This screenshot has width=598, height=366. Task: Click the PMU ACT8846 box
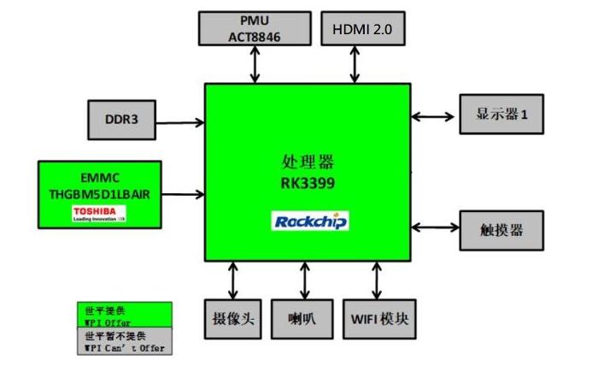pyautogui.click(x=255, y=28)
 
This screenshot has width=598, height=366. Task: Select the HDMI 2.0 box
pyautogui.click(x=362, y=28)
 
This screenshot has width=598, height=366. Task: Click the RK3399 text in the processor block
pyautogui.click(x=310, y=181)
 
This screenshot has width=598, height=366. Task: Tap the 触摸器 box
pyautogui.click(x=501, y=229)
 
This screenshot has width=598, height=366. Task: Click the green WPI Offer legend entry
pyautogui.click(x=125, y=316)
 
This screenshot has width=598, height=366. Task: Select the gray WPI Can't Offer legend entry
pyautogui.click(x=125, y=342)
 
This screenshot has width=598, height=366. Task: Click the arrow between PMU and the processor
pyautogui.click(x=254, y=64)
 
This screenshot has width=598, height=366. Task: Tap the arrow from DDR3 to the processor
pyautogui.click(x=179, y=122)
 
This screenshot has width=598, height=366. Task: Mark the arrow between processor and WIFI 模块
pyautogui.click(x=377, y=279)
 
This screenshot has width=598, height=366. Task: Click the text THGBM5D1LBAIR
pyautogui.click(x=100, y=194)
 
